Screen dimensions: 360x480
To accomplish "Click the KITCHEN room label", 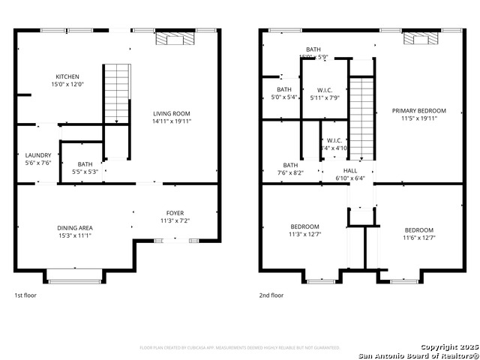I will point(67,76).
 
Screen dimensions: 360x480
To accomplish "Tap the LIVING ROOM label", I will point(172,113).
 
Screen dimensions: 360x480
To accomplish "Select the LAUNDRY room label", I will point(37,155).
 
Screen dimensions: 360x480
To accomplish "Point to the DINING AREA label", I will point(74,227).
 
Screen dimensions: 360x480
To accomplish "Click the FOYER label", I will point(175,213).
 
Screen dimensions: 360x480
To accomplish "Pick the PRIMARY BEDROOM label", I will point(419,110).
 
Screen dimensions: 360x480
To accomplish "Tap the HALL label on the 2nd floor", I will point(350,170).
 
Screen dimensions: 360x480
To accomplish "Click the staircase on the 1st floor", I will point(116,93).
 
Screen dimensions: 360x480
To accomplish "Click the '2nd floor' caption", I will point(271,295).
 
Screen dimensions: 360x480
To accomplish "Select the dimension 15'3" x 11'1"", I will point(74,235).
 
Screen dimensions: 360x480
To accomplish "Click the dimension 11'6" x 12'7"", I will point(419,238).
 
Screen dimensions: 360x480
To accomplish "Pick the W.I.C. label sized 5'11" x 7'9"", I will point(325,97).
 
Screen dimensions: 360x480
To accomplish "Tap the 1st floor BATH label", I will point(85,163).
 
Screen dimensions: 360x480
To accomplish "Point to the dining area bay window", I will point(75,277).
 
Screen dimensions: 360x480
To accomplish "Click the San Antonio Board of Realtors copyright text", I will point(418,355).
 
